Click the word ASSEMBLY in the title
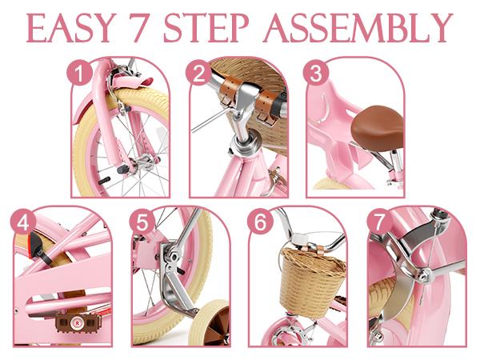click(358, 28)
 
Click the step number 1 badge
click(79, 74)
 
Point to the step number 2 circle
click(198, 73)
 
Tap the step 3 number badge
click(316, 73)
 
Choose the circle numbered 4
click(23, 223)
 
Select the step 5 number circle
click(142, 222)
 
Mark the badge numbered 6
click(261, 222)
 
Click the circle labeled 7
click(379, 222)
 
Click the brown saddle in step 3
click(378, 126)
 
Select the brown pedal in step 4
click(78, 322)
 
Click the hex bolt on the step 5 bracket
click(173, 257)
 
